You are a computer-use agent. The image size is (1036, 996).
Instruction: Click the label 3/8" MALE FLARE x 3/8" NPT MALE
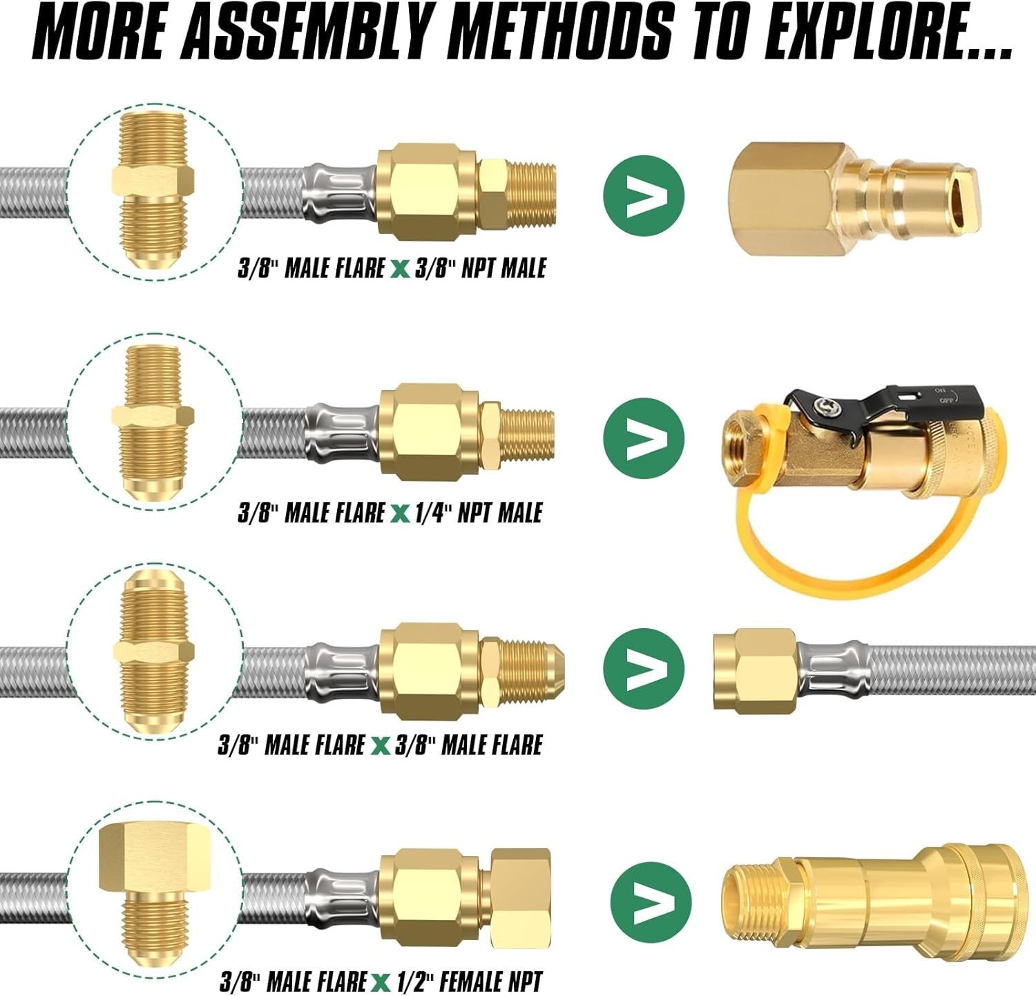point(392,268)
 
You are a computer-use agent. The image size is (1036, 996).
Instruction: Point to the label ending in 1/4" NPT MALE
point(390,513)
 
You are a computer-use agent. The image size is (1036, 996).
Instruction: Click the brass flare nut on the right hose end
point(755,670)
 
